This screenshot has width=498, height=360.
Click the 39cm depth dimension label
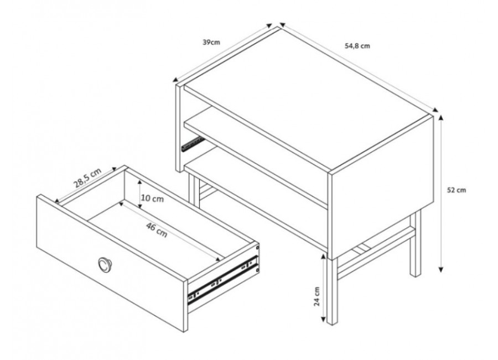[x=211, y=42]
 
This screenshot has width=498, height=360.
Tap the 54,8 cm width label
[x=357, y=46]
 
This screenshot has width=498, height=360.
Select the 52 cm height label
[x=456, y=190]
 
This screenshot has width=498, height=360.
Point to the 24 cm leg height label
[x=317, y=296]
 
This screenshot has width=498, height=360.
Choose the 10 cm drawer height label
[x=153, y=198]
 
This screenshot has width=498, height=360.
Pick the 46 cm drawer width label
[x=157, y=230]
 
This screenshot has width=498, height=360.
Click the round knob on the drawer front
[x=104, y=264]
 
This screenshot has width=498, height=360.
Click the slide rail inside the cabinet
[x=191, y=144]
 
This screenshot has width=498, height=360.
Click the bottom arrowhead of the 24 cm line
[x=324, y=319]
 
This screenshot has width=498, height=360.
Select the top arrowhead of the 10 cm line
[x=139, y=182]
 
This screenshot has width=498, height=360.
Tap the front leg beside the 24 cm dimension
[x=331, y=292]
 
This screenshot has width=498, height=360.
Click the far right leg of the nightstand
[x=415, y=243]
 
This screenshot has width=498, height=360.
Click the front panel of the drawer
[x=111, y=264]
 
